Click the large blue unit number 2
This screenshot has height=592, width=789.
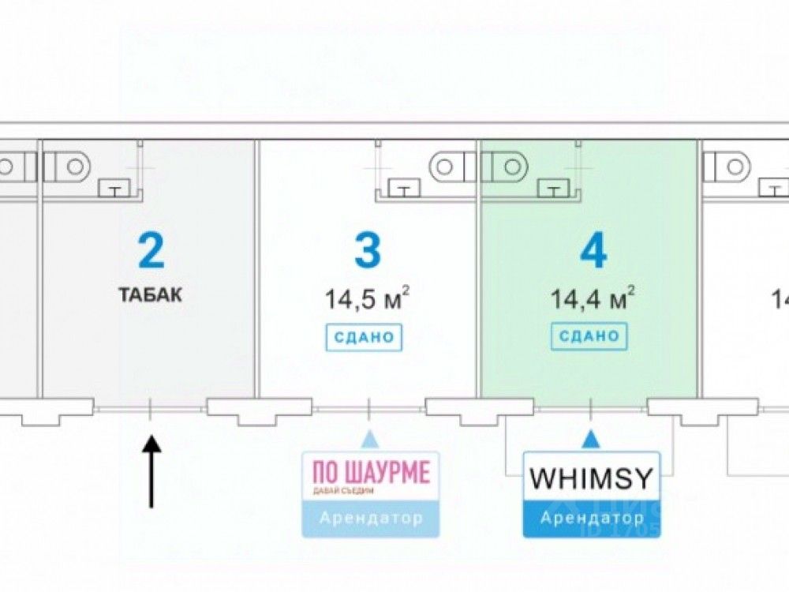coord(151,250)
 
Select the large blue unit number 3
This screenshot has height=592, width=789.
coord(367,251)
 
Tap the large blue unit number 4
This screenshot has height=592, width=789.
coord(593,251)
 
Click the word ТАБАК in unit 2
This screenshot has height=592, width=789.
coord(151,296)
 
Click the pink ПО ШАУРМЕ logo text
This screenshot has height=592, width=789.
coord(371,474)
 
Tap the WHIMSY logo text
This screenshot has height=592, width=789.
coord(592,478)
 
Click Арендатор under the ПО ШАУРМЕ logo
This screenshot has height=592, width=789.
coord(371,519)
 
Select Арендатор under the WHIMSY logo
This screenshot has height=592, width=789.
coord(592,519)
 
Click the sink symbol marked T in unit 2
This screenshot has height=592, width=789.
coord(115,189)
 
